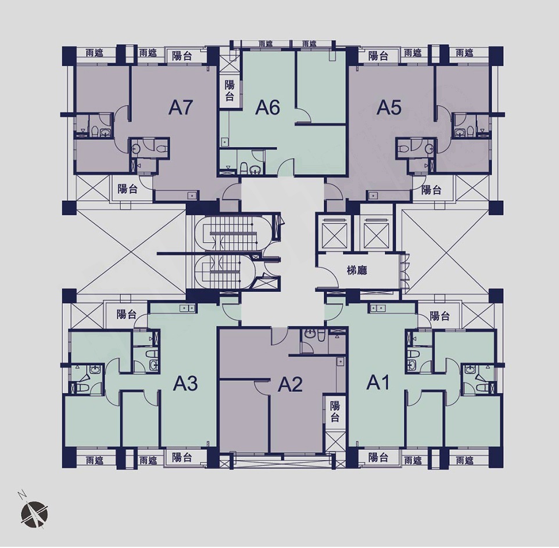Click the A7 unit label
pos(181,107)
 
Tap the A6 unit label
pos(267,107)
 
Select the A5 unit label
pos(389,107)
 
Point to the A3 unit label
pos(185,384)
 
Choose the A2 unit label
pos(290,384)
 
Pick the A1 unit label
pos(378,383)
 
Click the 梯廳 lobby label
pos(357,271)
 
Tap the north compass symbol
pos(33,512)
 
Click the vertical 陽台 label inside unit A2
pos(334,411)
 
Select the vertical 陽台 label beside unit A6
pos(230,91)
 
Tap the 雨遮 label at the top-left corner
pos(95,53)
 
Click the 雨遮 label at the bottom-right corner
pos(464,460)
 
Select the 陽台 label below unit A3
pos(182,457)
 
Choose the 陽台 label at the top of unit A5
pos(378,56)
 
